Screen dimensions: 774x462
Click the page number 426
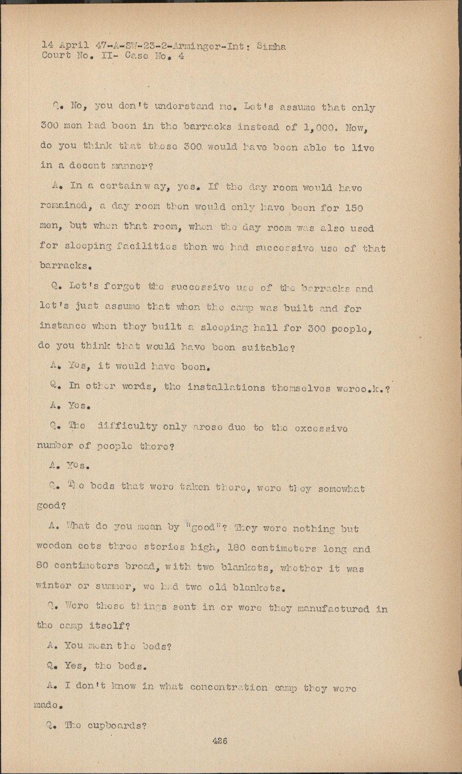(219, 741)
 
